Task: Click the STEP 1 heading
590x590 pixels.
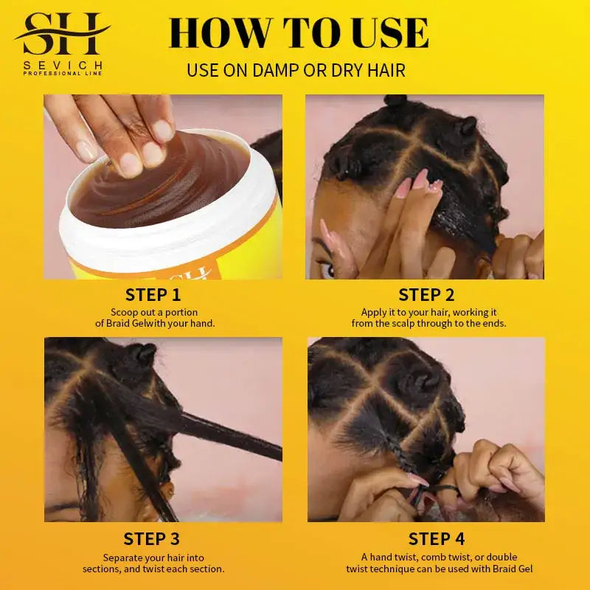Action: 153,295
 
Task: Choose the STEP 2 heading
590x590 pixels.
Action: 426,295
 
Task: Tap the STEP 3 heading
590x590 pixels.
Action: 151,539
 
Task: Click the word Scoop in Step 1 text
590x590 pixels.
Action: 125,312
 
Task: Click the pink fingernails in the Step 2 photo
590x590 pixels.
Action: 422,181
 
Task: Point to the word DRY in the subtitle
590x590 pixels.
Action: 351,71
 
